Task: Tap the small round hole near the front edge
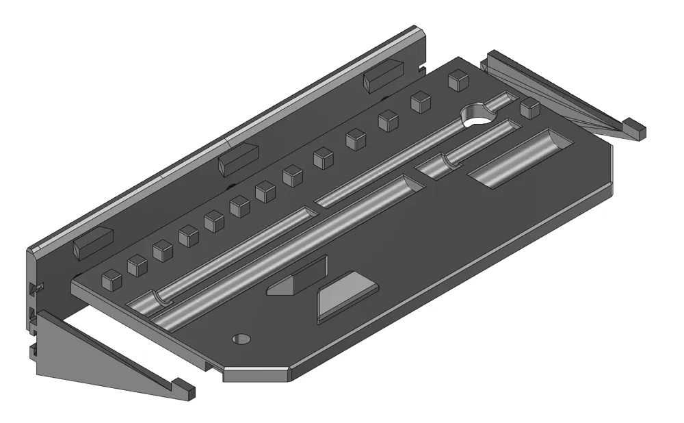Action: click(241, 338)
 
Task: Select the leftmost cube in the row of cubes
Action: click(111, 279)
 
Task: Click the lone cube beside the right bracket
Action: click(530, 108)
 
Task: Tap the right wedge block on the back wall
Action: click(384, 75)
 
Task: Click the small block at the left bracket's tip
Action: click(183, 389)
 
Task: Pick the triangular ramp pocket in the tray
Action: click(298, 277)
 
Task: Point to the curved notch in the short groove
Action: click(449, 162)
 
